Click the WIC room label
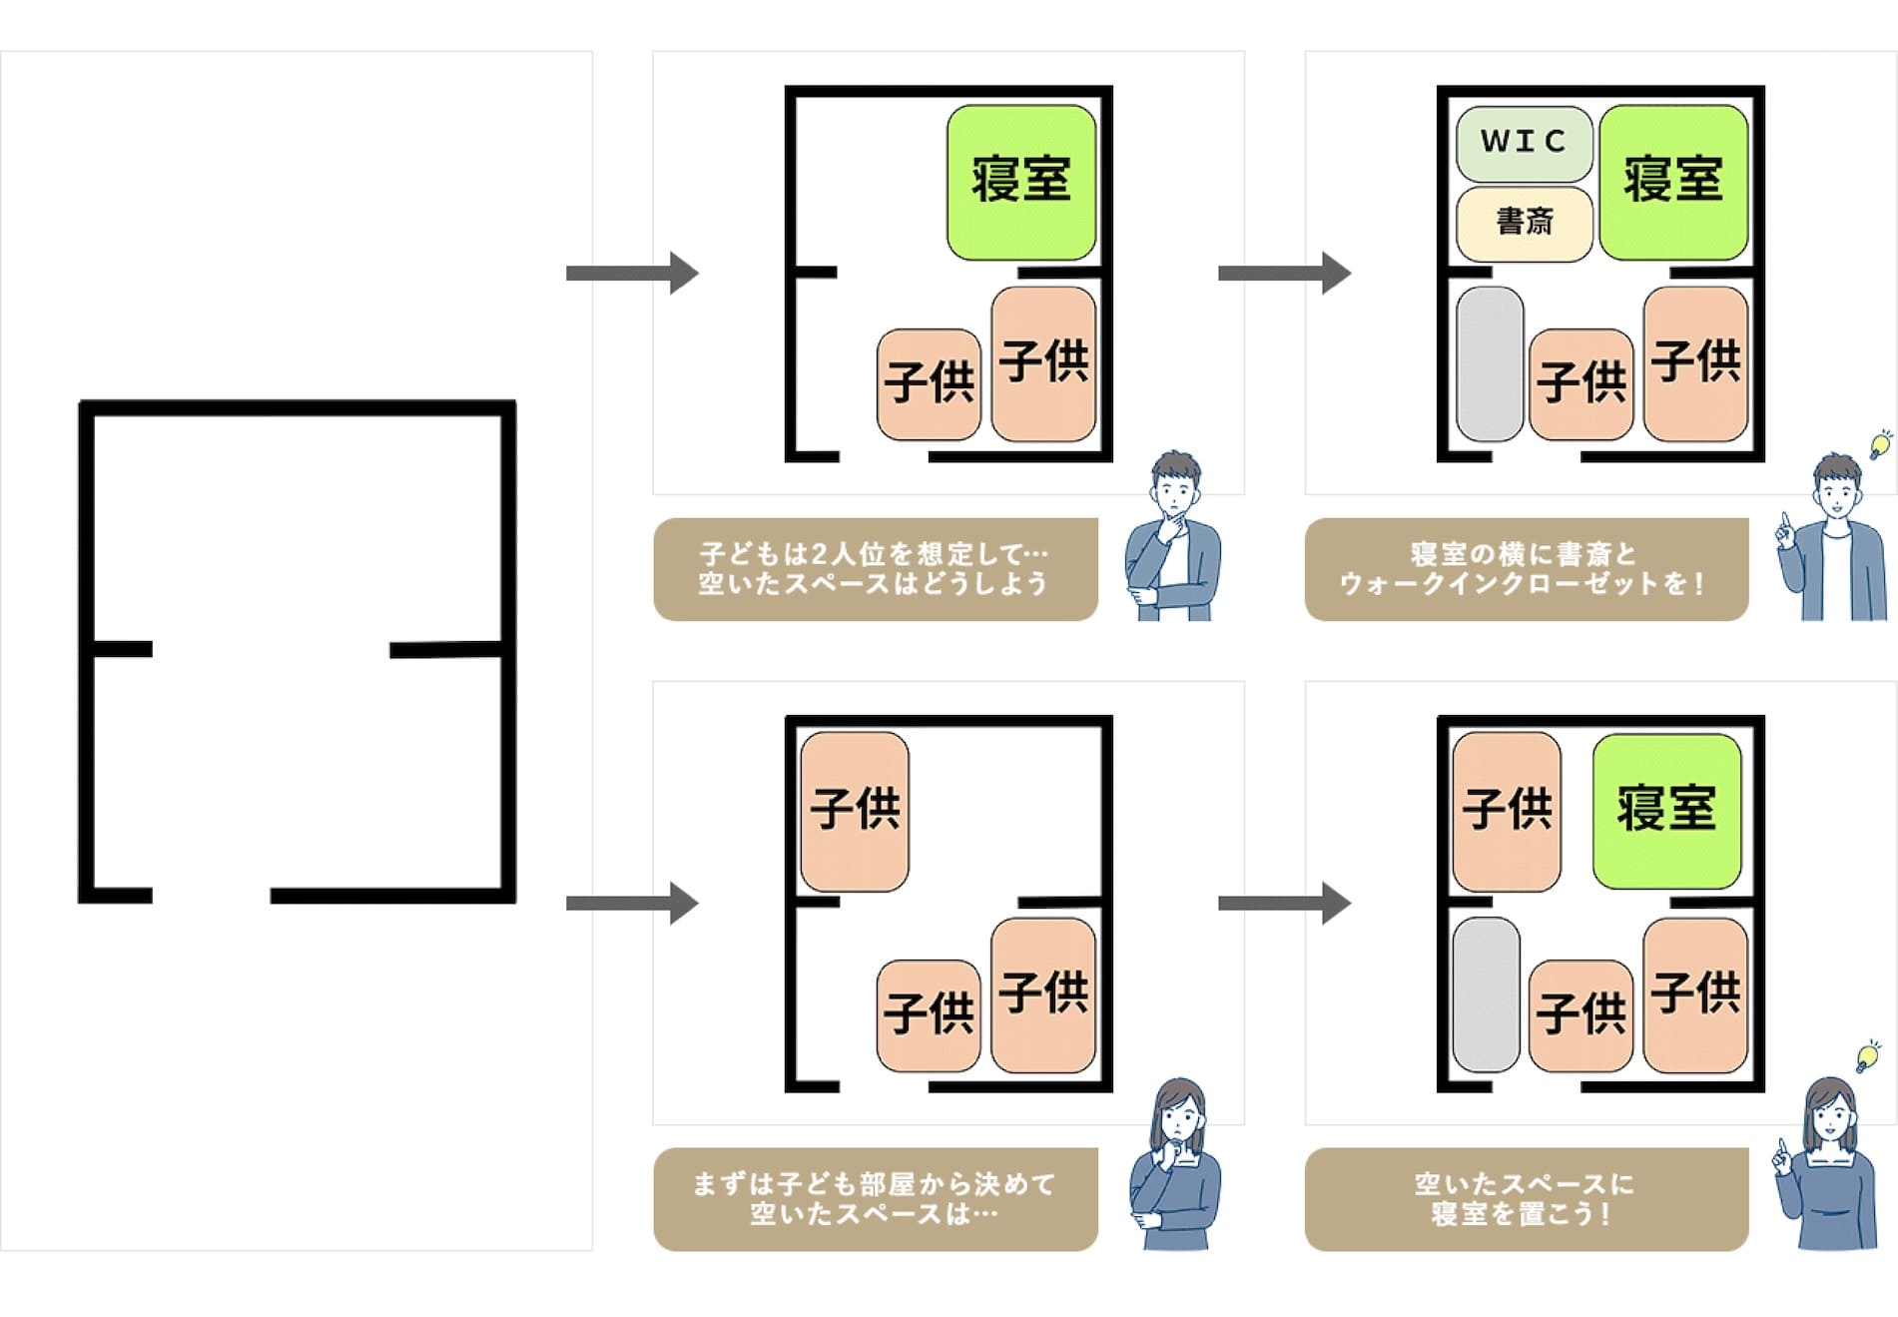pos(1524,142)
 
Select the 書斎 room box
pos(1524,223)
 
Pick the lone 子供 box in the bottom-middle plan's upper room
pos(855,811)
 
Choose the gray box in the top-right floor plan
pos(1490,363)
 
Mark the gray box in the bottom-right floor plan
pos(1487,994)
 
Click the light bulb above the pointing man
pos(1881,444)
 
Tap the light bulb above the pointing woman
pos(1867,1056)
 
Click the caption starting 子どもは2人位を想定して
pos(875,569)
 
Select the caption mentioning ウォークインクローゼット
pos(1526,569)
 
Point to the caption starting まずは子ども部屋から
pos(875,1199)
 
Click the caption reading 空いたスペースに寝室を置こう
pos(1526,1199)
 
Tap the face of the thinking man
pos(1175,490)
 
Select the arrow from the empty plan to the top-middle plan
pos(631,273)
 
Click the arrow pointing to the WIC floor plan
pos(1284,273)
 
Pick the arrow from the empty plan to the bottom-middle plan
pos(631,903)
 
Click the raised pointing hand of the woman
pos(1782,1159)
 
